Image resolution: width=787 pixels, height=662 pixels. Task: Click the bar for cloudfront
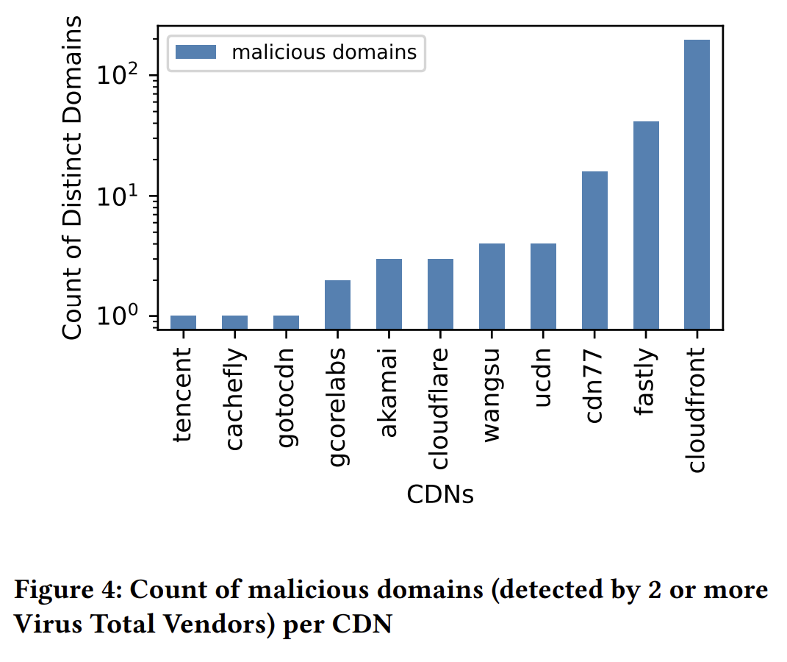click(x=697, y=184)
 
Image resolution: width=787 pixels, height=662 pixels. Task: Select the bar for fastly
click(x=646, y=225)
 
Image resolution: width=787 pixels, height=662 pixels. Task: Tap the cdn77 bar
click(x=594, y=250)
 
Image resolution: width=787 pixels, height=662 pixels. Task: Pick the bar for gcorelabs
click(x=337, y=305)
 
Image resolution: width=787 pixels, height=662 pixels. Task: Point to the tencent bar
click(x=183, y=322)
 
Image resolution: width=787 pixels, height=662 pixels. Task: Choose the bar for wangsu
click(x=492, y=286)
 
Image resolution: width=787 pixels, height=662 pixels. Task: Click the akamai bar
click(x=389, y=294)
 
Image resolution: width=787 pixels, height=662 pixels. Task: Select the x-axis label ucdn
click(x=543, y=380)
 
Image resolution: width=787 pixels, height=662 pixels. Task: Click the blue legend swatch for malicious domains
click(x=196, y=51)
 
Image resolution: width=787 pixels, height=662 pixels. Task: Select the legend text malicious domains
click(x=324, y=51)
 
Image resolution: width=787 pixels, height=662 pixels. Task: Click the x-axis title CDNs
click(x=440, y=495)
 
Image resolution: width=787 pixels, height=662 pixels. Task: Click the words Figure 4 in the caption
click(x=63, y=591)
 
